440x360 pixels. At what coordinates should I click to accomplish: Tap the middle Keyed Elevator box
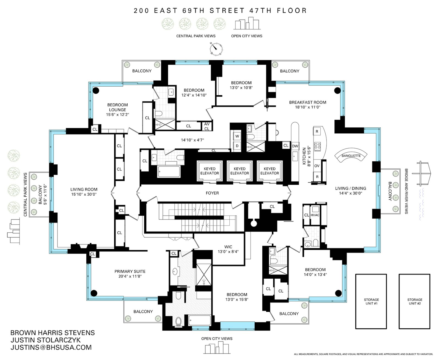tap(240, 171)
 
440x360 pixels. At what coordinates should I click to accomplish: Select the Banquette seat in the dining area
tap(351, 156)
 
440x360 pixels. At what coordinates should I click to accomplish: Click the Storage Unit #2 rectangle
tap(414, 301)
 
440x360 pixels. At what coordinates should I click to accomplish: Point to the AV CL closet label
tap(207, 127)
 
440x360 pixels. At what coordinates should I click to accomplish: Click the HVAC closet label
tap(315, 215)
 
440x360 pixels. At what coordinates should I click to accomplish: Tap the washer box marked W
tap(237, 136)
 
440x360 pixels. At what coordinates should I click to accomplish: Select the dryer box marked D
tap(237, 146)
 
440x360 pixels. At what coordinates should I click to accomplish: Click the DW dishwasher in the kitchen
tap(295, 146)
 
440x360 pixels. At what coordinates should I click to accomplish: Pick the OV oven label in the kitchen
tap(317, 166)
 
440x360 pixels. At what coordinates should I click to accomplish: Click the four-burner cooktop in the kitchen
tap(317, 146)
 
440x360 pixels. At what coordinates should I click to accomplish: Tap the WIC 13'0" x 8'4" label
tap(228, 249)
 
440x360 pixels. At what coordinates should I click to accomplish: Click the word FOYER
tap(212, 193)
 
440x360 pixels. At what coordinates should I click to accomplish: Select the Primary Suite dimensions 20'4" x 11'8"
tap(130, 276)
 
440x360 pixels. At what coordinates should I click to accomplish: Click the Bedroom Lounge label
tap(117, 107)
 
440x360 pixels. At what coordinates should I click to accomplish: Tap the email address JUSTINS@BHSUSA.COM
tap(51, 347)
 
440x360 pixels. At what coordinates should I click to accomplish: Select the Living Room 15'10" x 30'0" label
tap(84, 192)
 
